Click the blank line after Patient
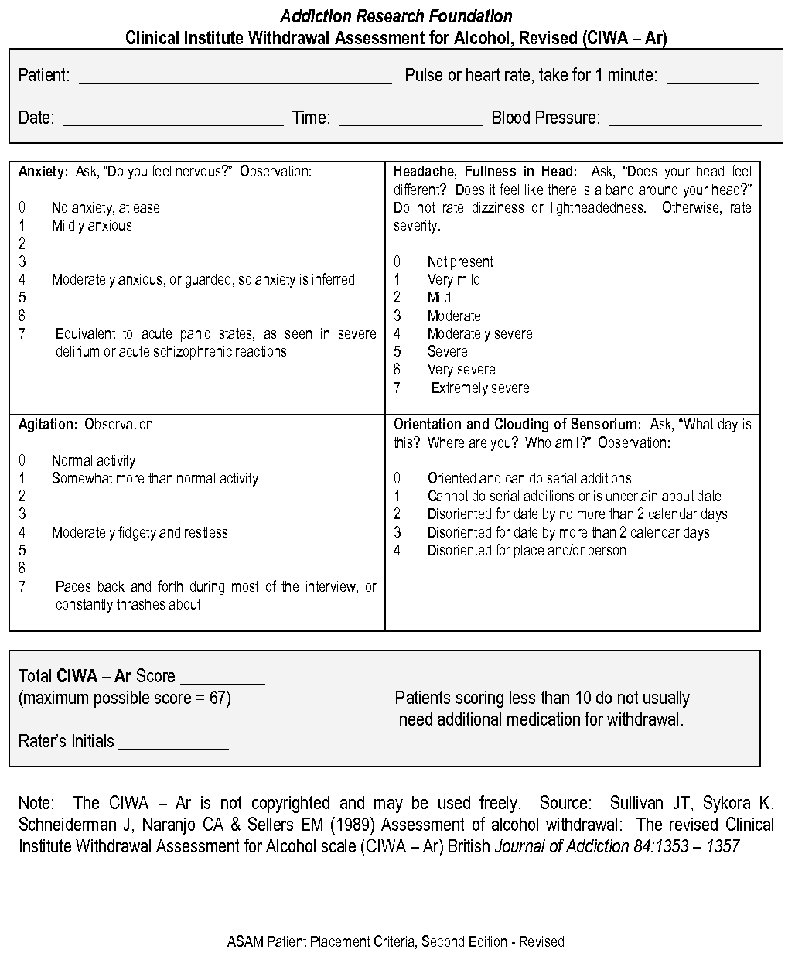click(x=235, y=77)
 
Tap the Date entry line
click(x=173, y=120)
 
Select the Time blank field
click(x=411, y=120)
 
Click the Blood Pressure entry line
click(x=685, y=120)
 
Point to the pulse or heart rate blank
click(x=712, y=77)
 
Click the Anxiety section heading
click(x=43, y=171)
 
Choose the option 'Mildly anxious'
click(x=91, y=226)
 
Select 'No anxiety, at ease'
click(x=105, y=208)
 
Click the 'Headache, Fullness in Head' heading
click(x=485, y=171)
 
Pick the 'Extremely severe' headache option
click(x=480, y=388)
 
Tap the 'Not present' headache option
click(x=460, y=262)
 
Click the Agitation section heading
click(x=48, y=425)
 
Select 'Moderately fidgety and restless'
click(x=139, y=533)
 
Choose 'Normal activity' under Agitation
click(x=93, y=461)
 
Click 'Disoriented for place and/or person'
click(x=527, y=551)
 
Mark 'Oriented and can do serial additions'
click(x=529, y=479)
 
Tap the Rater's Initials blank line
click(x=173, y=744)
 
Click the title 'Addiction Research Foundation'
click(x=396, y=16)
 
